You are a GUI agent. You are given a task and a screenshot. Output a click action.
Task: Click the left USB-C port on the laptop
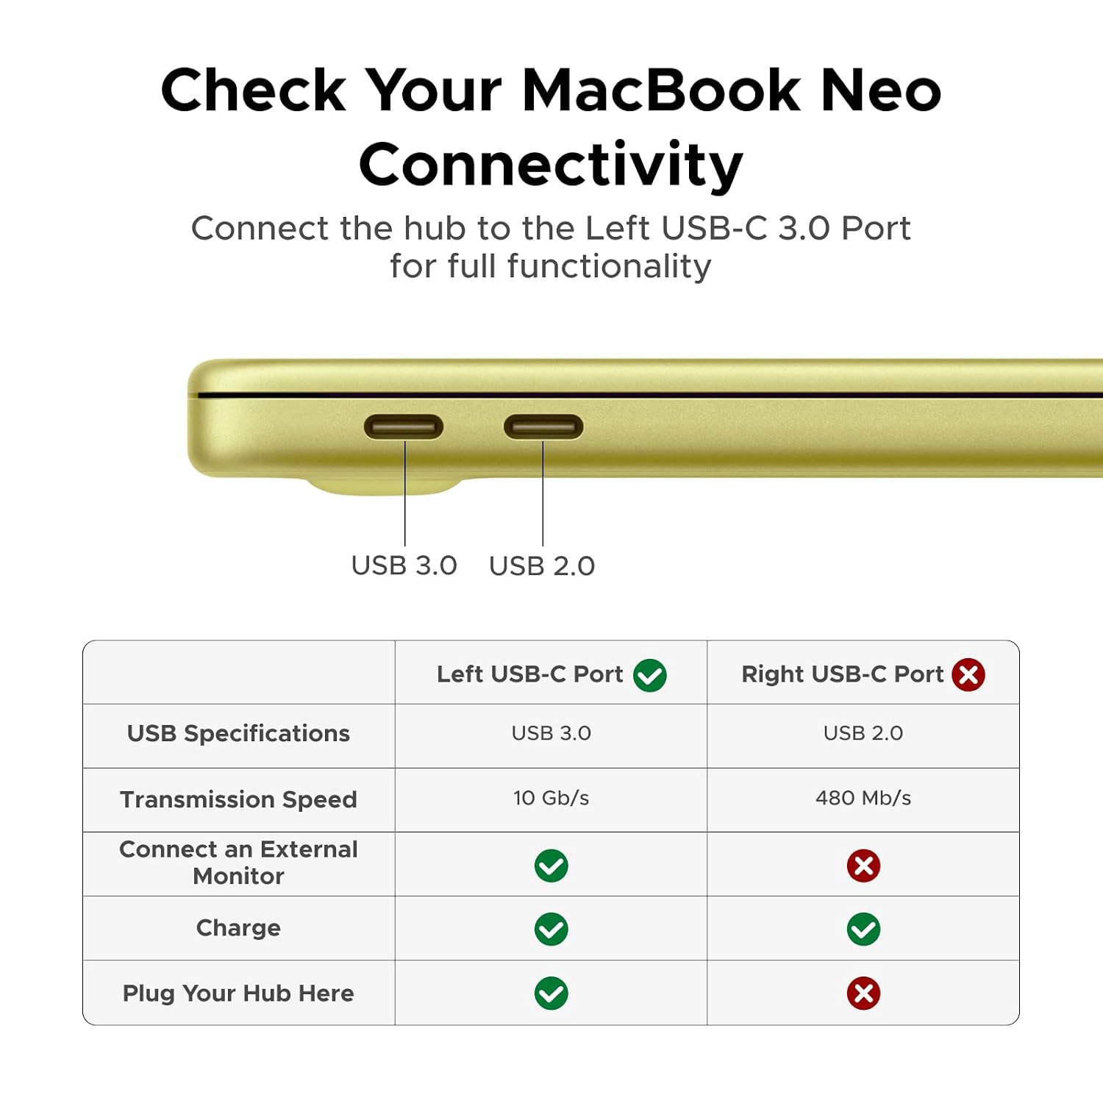[x=404, y=426]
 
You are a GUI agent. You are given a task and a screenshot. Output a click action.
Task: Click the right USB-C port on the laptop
[x=543, y=426]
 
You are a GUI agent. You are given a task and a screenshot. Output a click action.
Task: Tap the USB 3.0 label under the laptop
[x=404, y=565]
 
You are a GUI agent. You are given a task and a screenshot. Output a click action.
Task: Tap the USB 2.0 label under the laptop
[x=542, y=565]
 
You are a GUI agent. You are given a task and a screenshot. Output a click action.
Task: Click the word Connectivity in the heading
[x=551, y=165]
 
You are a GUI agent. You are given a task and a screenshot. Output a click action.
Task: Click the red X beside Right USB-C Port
[x=968, y=674]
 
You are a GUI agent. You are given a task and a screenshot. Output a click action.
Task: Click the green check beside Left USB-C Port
[x=650, y=675]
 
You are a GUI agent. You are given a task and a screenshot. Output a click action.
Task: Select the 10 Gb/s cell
[x=551, y=798]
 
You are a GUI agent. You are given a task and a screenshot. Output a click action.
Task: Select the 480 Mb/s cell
[x=863, y=798]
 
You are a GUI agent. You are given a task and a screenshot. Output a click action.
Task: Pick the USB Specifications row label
[x=238, y=733]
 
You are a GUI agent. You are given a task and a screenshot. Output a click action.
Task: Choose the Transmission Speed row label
[x=238, y=799]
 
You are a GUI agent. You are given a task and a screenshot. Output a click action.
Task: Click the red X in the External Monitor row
[x=863, y=865]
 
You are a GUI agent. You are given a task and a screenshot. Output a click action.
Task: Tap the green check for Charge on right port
[x=863, y=929]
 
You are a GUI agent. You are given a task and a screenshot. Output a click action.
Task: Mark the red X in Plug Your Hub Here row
[x=863, y=993]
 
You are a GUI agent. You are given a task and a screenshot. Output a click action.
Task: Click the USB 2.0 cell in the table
[x=863, y=733]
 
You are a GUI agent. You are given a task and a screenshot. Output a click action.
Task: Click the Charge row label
[x=238, y=928]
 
